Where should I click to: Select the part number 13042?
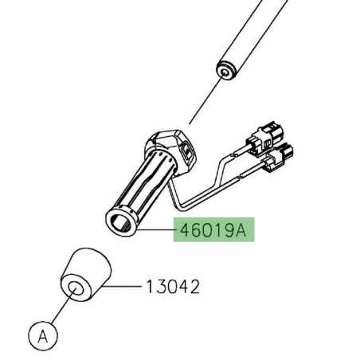click(171, 284)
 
